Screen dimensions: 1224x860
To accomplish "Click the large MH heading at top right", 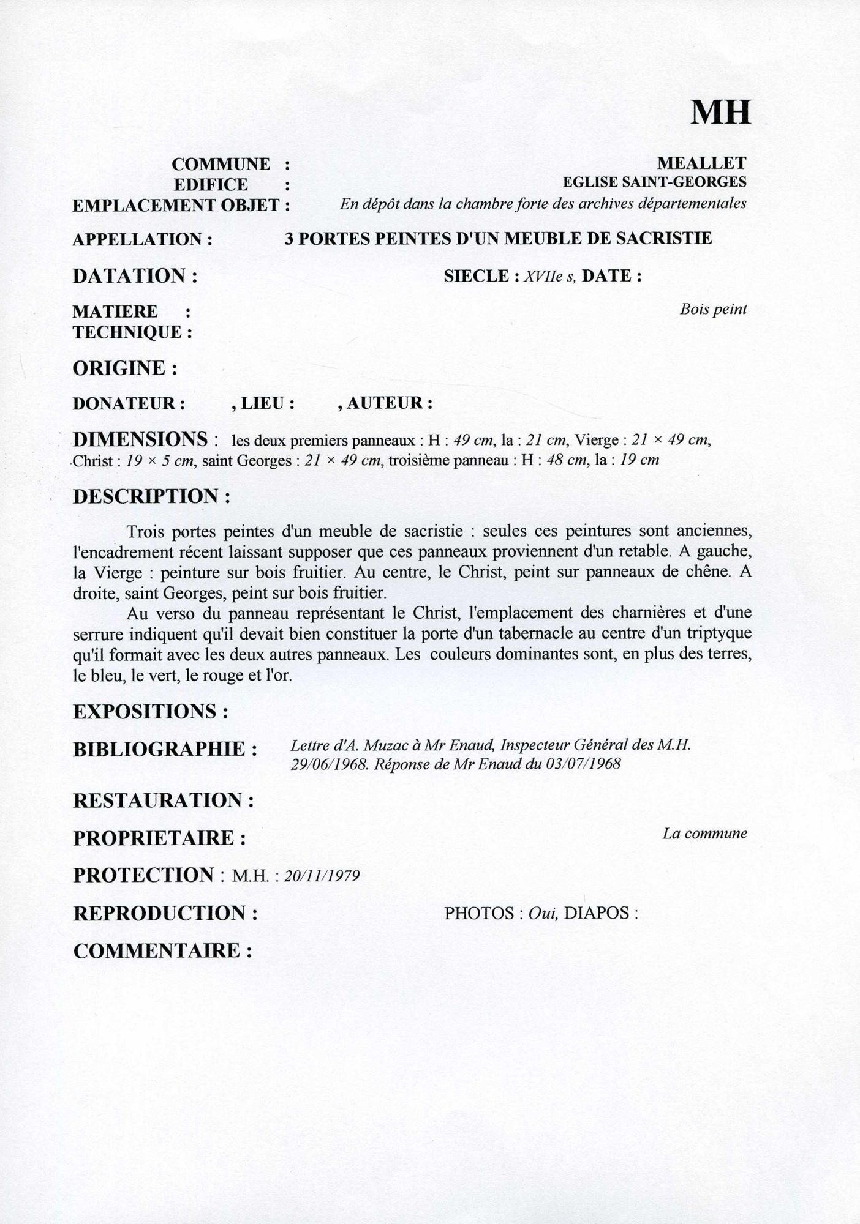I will point(720,112).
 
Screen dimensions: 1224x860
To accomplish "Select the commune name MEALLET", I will point(701,163).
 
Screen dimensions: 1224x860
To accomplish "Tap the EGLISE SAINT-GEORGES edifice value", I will point(655,182).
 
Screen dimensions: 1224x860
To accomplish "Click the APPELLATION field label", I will point(142,239).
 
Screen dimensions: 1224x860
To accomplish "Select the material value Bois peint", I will point(713,309).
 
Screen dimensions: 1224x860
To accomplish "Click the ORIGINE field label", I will point(125,368).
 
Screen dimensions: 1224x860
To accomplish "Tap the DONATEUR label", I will point(129,404).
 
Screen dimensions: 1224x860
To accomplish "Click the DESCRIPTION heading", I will point(151,496).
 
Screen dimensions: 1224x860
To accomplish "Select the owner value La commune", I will point(704,834).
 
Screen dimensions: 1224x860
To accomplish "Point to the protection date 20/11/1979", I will point(322,876).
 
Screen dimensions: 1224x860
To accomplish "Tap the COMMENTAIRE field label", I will point(163,950).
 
